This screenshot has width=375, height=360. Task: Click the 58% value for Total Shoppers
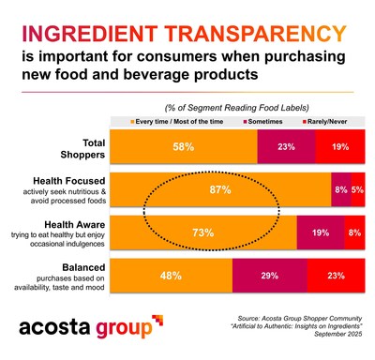183,147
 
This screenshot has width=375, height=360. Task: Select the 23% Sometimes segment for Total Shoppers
285,147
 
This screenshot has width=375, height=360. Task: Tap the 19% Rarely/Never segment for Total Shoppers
339,147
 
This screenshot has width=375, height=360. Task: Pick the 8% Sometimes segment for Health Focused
340,189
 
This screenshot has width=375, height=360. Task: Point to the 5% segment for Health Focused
358,189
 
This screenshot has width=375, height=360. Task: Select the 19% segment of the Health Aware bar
320,232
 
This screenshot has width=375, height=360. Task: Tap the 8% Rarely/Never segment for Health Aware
354,232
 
